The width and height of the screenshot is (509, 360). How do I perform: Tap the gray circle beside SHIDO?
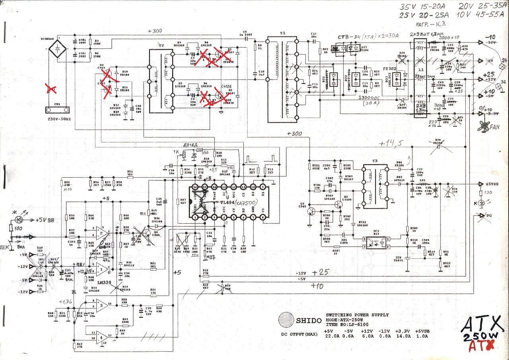point(286,320)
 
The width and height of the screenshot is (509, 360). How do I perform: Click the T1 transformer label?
point(283,35)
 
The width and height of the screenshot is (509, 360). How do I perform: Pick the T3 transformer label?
point(375,161)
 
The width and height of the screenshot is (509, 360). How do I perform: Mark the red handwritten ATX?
point(481,347)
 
